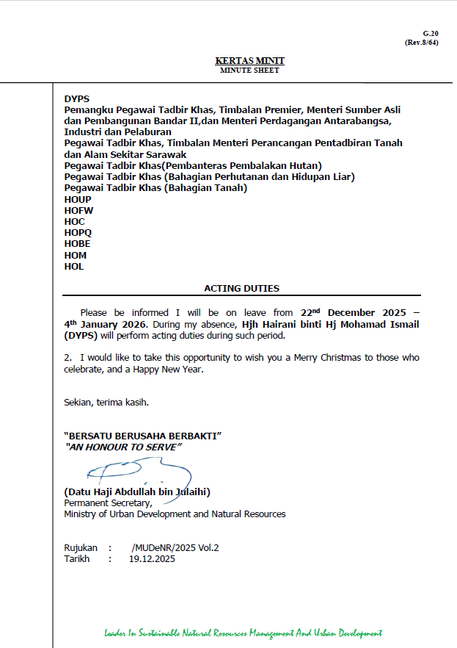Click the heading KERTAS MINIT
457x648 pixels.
[x=249, y=60]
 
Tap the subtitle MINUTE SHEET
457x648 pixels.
[x=249, y=70]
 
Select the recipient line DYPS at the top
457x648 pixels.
[x=76, y=98]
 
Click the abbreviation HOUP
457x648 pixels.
[x=78, y=199]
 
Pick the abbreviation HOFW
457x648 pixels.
[x=78, y=210]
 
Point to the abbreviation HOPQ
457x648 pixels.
[x=78, y=233]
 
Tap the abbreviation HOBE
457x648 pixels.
[x=77, y=244]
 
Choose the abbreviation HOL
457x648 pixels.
[x=74, y=267]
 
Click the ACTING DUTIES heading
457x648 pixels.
[x=241, y=289]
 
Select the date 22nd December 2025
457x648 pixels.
[x=354, y=312]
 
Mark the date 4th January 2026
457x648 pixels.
[x=106, y=324]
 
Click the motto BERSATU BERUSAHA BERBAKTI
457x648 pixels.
[x=143, y=436]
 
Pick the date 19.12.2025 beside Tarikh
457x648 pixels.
[x=152, y=558]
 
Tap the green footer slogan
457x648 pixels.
[x=243, y=633]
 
